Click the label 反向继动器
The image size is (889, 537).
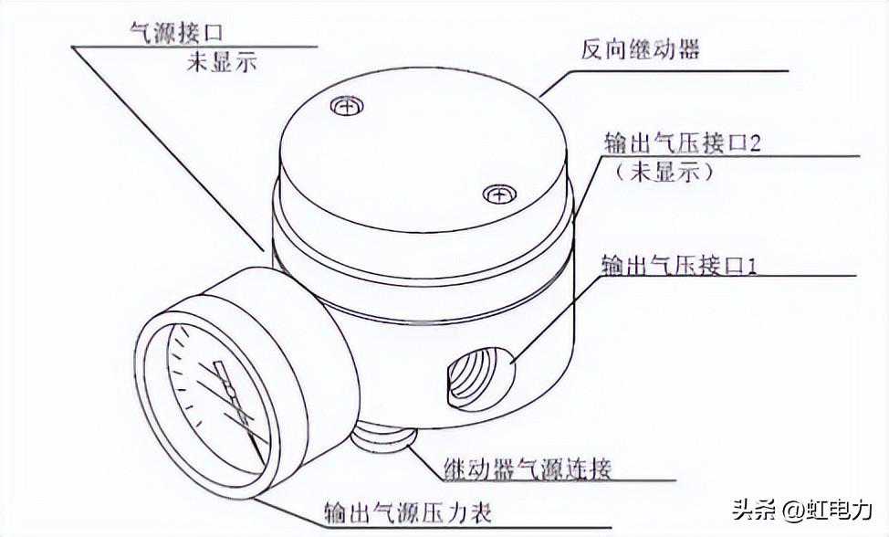click(640, 49)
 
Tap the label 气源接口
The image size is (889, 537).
click(176, 32)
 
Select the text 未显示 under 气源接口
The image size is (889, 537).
click(222, 61)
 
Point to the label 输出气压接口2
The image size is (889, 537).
click(683, 142)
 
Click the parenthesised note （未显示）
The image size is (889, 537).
click(664, 171)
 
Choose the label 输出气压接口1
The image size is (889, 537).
click(679, 266)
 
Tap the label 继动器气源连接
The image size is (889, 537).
click(528, 469)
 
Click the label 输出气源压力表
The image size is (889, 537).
click(408, 513)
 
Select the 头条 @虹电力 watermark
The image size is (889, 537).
click(801, 510)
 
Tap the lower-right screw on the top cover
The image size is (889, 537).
click(499, 195)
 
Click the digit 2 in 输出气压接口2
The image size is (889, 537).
click(755, 142)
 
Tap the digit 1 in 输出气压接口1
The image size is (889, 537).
click(753, 266)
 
